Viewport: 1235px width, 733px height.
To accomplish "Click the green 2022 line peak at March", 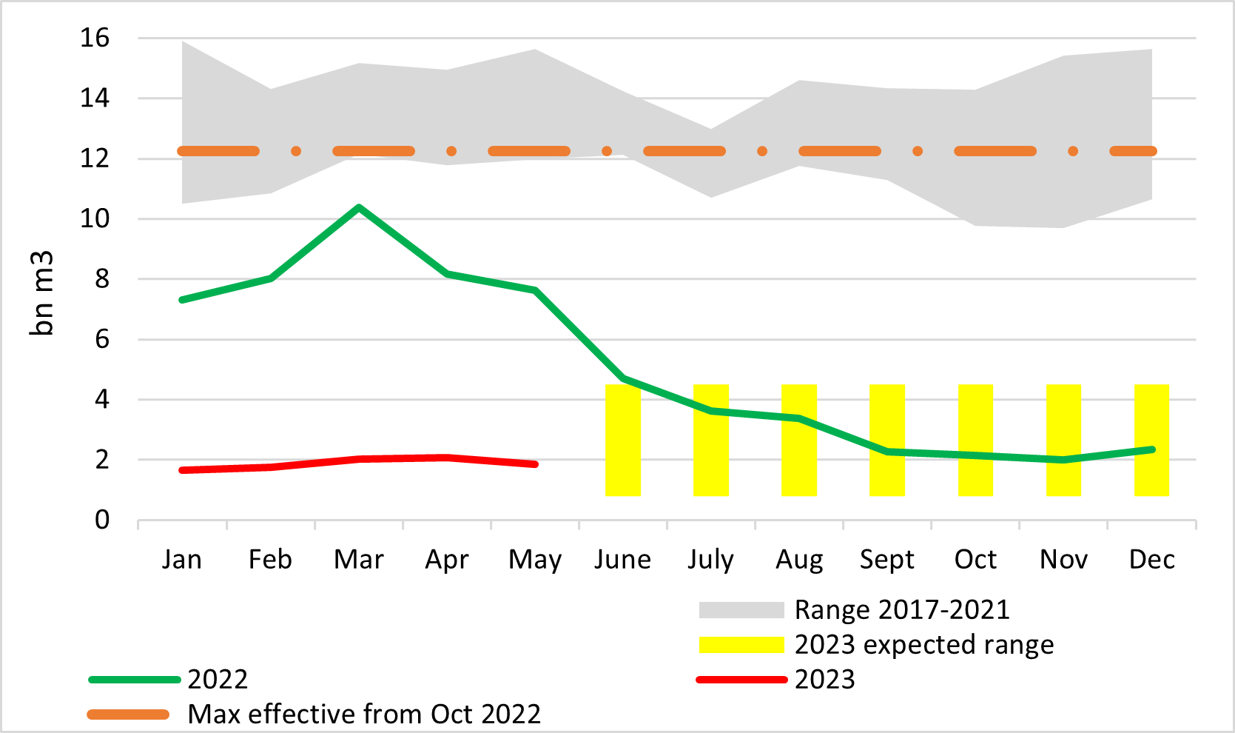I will tap(359, 207).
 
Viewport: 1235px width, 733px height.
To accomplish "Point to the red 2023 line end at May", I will tap(535, 464).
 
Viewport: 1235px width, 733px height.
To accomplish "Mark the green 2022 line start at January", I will tap(183, 300).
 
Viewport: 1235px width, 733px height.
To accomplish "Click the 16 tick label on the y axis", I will tap(95, 38).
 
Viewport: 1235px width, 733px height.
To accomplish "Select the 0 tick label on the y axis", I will tap(101, 520).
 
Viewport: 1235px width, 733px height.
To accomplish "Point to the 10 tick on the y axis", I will tap(95, 218).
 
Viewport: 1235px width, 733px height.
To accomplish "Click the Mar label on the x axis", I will tap(359, 559).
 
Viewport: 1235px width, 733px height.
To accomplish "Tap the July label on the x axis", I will tap(711, 559).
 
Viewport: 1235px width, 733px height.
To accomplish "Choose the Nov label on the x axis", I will tap(1063, 559).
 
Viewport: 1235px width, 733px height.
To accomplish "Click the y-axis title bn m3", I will tap(42, 293).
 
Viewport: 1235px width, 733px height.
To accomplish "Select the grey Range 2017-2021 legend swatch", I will tap(741, 610).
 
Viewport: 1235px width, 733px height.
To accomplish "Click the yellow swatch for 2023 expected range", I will tap(741, 645).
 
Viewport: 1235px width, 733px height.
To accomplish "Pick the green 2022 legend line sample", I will tap(135, 680).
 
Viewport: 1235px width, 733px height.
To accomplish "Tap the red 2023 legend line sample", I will tap(741, 680).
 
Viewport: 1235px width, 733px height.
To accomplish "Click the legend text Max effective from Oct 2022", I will tap(364, 714).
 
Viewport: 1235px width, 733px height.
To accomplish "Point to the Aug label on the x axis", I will tap(799, 559).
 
